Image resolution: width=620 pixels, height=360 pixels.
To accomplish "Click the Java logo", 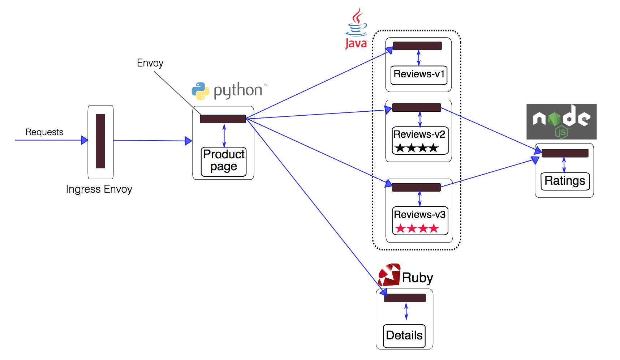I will tap(356, 29).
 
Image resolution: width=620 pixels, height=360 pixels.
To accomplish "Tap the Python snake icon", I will tap(200, 91).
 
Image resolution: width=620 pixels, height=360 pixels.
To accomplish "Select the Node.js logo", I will tap(561, 122).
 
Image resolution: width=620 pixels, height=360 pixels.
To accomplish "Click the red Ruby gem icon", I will tap(389, 275).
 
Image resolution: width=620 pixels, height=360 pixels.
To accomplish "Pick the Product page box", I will tap(224, 162).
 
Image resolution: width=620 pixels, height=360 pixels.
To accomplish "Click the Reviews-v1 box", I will tap(419, 75).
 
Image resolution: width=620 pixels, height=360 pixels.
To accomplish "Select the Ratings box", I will tap(565, 181).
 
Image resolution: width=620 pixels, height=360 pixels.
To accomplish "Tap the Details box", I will tap(404, 336).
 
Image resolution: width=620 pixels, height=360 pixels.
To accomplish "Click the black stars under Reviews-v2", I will tap(416, 148).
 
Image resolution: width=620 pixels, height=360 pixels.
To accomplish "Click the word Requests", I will tap(44, 132).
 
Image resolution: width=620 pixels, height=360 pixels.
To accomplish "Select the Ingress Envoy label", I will tap(99, 189).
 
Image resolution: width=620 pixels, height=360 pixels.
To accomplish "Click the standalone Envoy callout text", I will tap(150, 63).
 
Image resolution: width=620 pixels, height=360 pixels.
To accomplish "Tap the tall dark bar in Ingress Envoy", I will tap(100, 141).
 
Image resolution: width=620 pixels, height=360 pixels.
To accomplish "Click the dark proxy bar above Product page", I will tap(223, 119).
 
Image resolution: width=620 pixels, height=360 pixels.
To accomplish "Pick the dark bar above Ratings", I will tap(565, 153).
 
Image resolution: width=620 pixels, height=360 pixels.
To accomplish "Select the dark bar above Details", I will tap(405, 298).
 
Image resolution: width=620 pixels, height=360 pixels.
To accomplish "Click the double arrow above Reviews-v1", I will tap(418, 58).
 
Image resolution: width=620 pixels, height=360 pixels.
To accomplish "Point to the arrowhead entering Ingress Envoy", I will tap(85, 140).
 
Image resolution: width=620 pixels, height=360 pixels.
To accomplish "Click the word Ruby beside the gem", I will tap(417, 278).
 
